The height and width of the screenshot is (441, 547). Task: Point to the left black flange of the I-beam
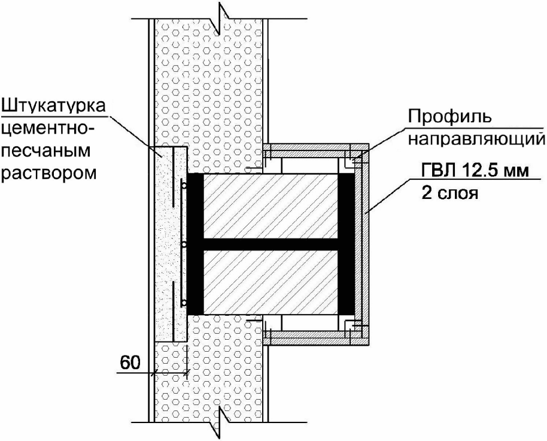point(195,244)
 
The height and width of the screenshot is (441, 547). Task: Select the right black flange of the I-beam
point(347,244)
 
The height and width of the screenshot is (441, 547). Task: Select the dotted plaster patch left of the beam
point(167,244)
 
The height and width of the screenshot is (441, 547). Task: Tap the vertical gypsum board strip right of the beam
point(363,244)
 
